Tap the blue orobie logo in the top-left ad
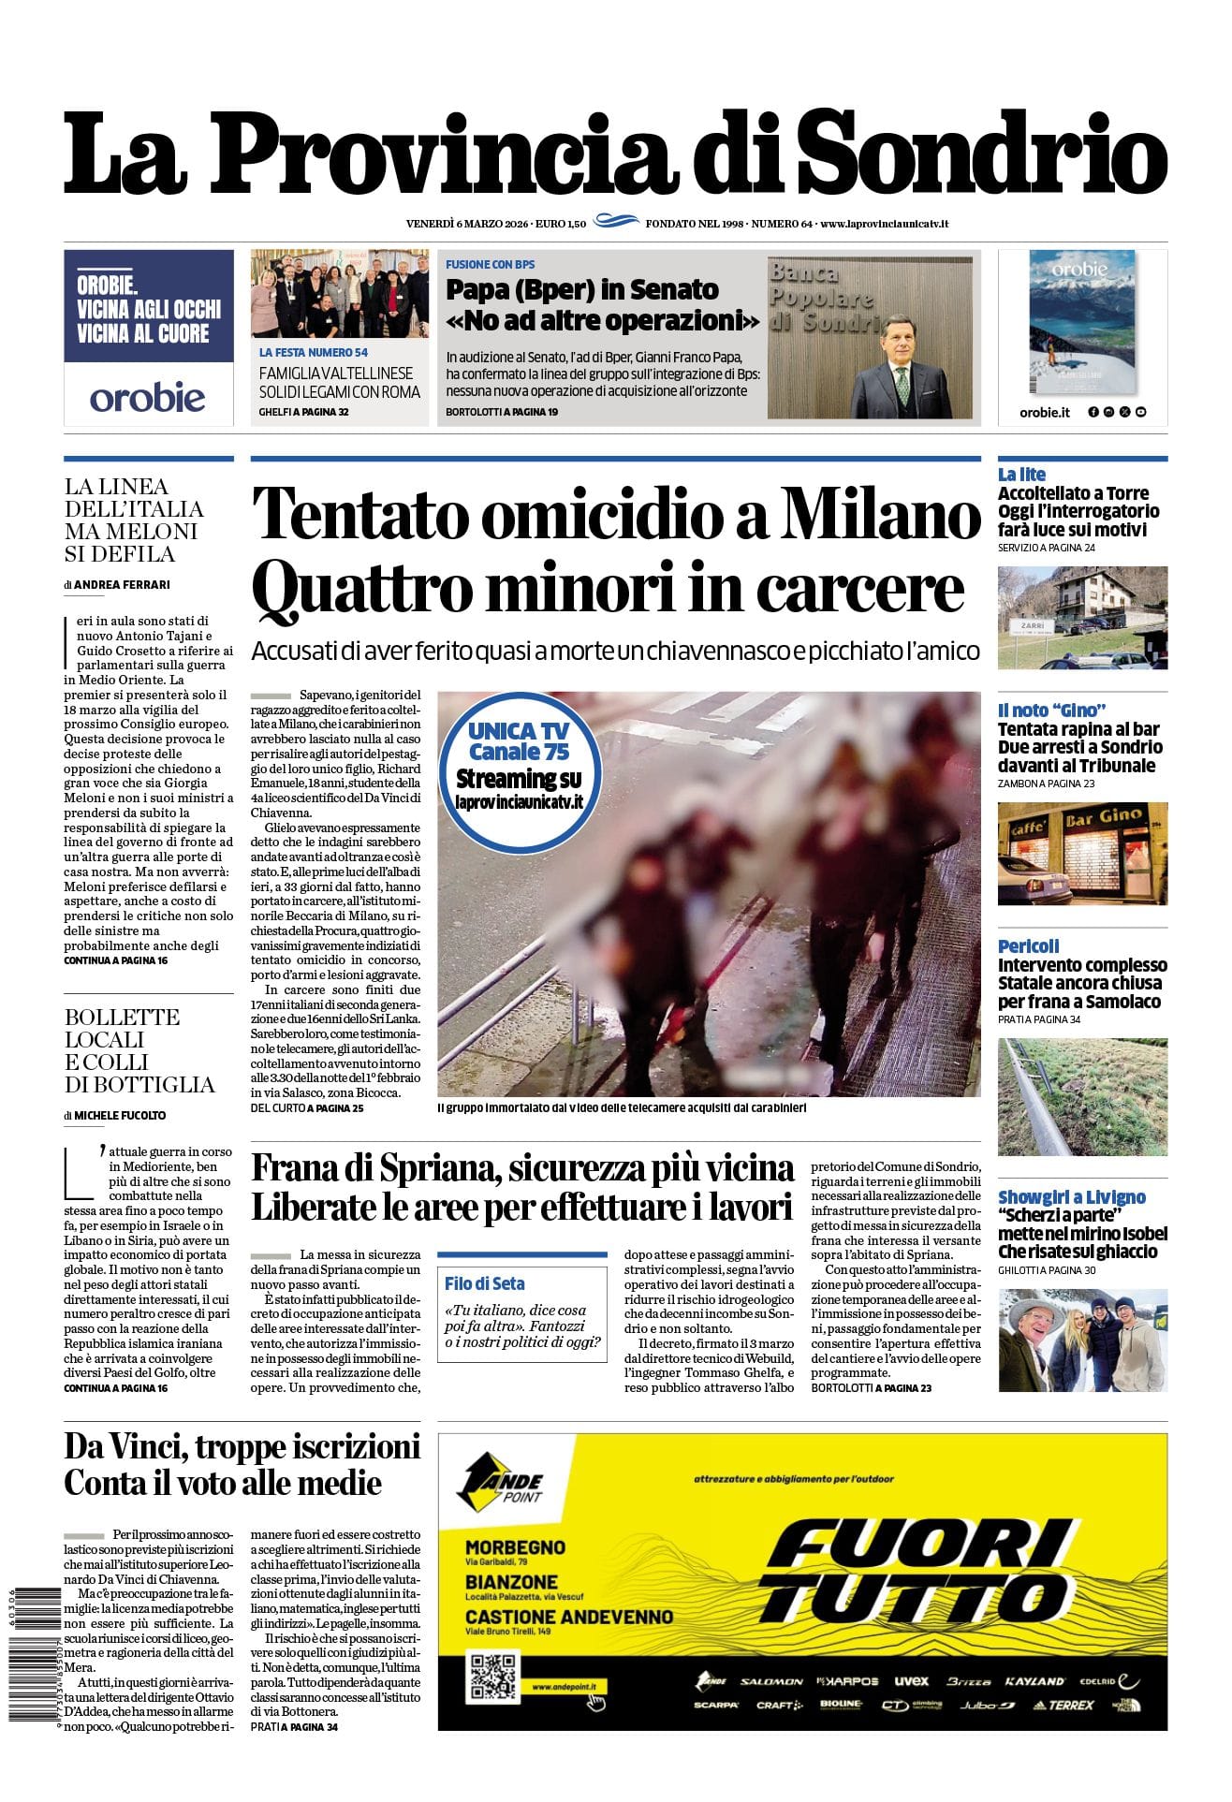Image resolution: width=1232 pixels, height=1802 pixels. coord(148,398)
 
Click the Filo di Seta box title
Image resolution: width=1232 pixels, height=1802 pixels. coord(484,1283)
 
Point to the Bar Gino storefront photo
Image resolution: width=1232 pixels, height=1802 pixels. coord(1082,853)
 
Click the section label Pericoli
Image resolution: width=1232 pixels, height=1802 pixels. coord(1028,946)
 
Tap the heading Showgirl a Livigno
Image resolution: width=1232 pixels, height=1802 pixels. coord(1071,1197)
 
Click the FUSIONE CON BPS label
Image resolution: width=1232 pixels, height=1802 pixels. coord(491,265)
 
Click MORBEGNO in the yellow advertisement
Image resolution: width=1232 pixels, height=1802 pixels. coord(515,1547)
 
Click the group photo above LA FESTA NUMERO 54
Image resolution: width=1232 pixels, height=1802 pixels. coord(340,294)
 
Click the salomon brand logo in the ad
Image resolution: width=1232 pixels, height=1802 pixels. coord(770,1681)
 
